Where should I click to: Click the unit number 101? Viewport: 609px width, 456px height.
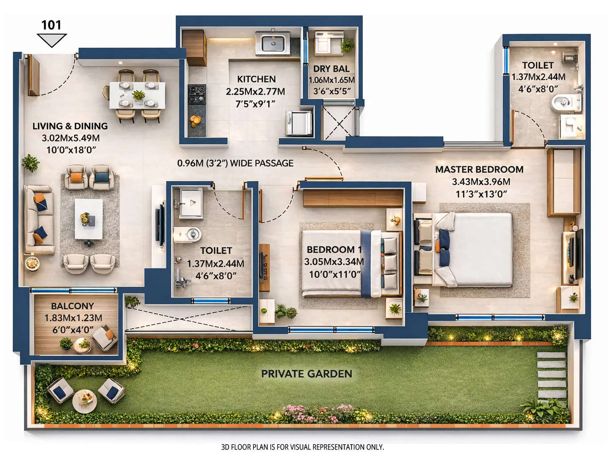coord(51,25)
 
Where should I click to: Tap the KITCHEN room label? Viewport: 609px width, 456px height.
coord(256,79)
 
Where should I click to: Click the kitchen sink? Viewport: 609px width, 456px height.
coord(272,43)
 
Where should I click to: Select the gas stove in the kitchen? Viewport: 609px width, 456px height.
coord(197,94)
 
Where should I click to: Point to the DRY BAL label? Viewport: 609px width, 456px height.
coord(331,69)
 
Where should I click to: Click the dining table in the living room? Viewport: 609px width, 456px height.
coord(137,95)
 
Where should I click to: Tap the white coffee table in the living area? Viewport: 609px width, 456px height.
coord(89,219)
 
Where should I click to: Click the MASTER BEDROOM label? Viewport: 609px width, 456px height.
coord(479,169)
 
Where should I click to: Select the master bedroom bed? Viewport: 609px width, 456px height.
coord(474,249)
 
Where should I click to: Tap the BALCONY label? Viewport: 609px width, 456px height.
coord(73,306)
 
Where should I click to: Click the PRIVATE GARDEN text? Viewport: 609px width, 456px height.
coord(306,374)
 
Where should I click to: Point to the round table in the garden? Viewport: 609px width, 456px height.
coord(84,400)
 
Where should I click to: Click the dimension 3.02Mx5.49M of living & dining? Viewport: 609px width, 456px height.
coord(70,138)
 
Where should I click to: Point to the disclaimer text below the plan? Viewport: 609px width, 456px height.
coord(302,447)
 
